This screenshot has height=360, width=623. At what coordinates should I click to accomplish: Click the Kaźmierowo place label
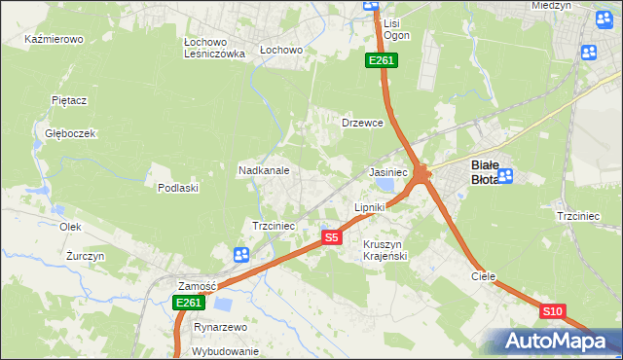point(55,40)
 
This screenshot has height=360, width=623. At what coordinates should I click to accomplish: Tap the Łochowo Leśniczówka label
point(214,49)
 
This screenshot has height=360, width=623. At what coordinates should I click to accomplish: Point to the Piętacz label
point(70,100)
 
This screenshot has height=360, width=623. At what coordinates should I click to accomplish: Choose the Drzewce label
point(362,124)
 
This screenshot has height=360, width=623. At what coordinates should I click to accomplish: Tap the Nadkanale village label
point(264,170)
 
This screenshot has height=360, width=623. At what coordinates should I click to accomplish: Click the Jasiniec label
point(386,171)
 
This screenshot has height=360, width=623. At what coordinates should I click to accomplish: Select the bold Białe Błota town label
point(485,171)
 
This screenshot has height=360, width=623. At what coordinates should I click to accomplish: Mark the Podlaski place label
point(178,188)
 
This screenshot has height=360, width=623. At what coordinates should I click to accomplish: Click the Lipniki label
point(370,207)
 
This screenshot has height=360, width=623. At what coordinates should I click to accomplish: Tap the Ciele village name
point(484,276)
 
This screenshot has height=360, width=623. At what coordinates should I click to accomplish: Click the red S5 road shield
point(332,236)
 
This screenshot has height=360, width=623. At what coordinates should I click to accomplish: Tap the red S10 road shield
point(552,311)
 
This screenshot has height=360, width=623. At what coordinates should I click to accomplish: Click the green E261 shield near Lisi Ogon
point(381,61)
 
